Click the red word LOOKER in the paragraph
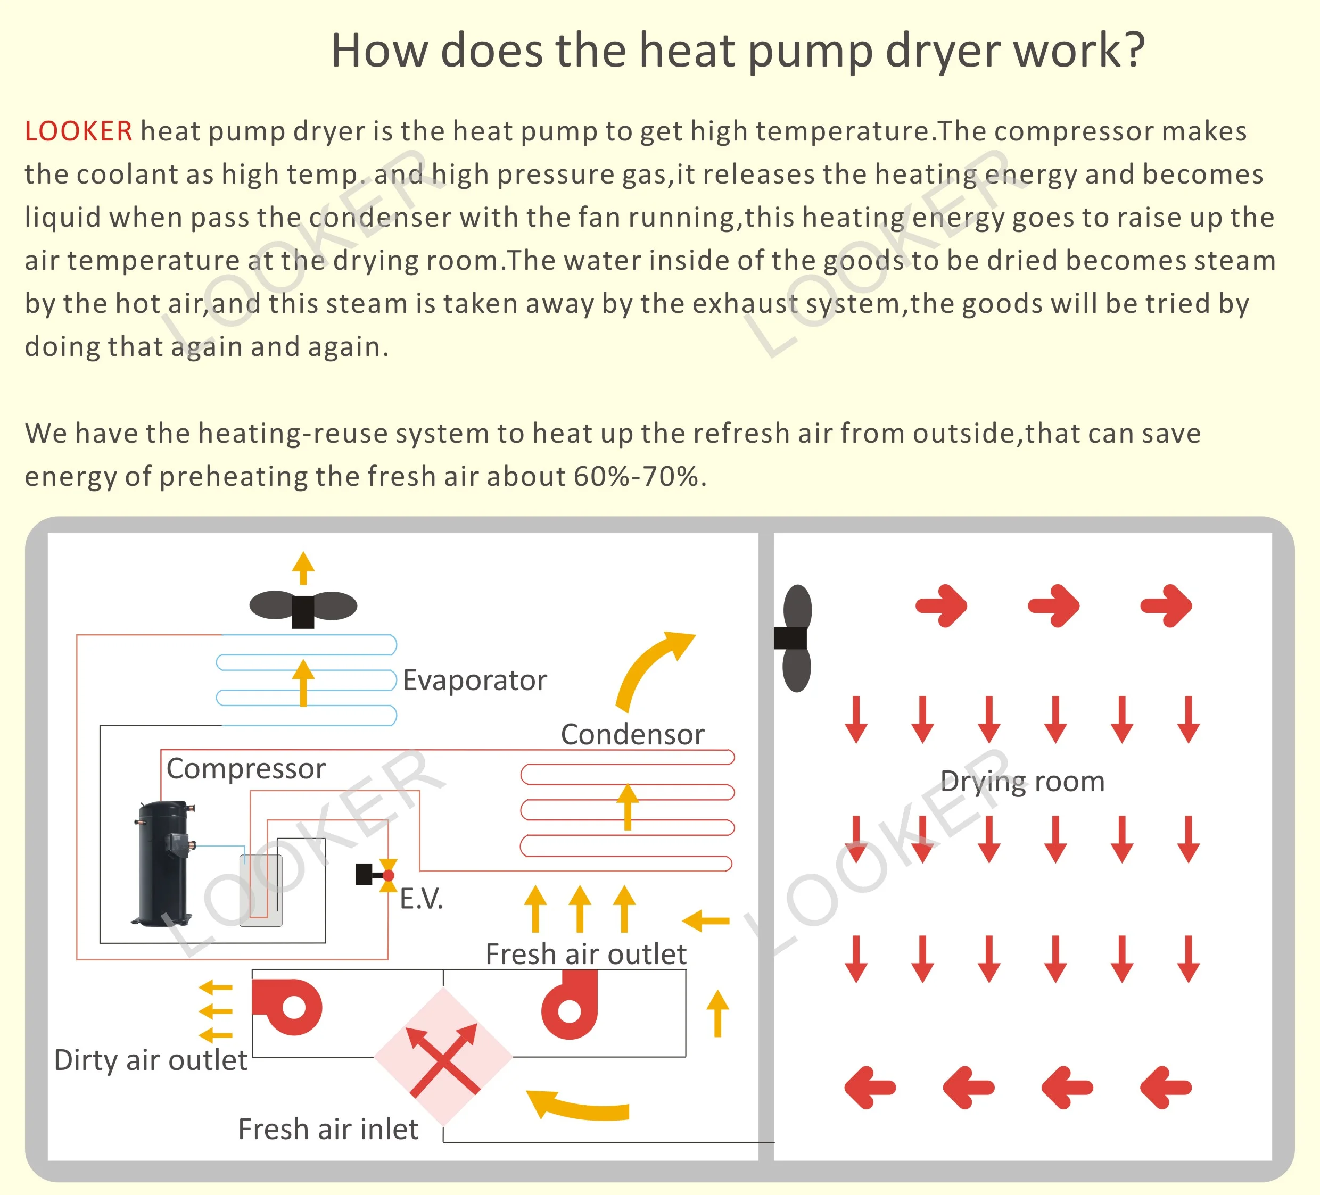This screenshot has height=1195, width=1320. [x=79, y=131]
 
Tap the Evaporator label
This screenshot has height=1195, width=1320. [x=474, y=681]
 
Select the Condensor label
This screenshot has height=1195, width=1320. [x=632, y=734]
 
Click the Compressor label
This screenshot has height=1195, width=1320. [x=245, y=769]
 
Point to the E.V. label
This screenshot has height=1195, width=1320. [x=421, y=899]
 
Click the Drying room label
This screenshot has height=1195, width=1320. [x=1022, y=782]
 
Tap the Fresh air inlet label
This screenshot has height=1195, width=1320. [x=327, y=1130]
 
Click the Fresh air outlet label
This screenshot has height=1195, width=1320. [x=585, y=954]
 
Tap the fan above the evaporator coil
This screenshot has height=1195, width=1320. [x=303, y=607]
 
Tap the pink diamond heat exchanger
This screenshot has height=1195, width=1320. [x=443, y=1056]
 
